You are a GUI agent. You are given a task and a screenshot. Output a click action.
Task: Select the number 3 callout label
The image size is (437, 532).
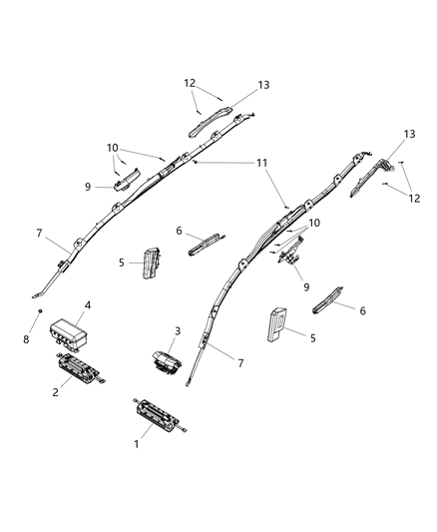(x=178, y=330)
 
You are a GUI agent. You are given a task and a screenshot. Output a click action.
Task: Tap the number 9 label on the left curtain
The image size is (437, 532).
(x=89, y=186)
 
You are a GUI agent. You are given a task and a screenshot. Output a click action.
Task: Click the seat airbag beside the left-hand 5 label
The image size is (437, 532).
(x=154, y=263)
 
